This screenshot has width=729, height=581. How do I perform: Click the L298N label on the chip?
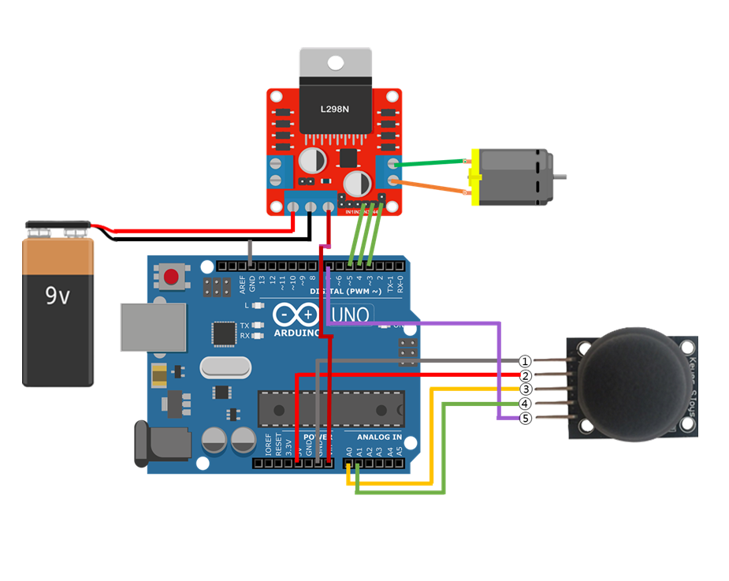pyautogui.click(x=335, y=109)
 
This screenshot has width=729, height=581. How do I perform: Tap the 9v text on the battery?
pyautogui.click(x=58, y=296)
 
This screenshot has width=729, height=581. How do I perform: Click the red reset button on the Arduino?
pyautogui.click(x=172, y=276)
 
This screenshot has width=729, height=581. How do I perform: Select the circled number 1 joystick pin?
pyautogui.click(x=526, y=361)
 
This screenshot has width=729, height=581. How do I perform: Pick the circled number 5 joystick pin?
pyautogui.click(x=526, y=419)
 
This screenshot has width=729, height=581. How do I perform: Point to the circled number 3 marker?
pyautogui.click(x=526, y=389)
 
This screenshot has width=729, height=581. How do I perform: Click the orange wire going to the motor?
pyautogui.click(x=430, y=187)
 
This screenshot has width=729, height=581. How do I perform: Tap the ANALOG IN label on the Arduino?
pyautogui.click(x=379, y=437)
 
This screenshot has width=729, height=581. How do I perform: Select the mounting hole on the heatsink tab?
pyautogui.click(x=335, y=62)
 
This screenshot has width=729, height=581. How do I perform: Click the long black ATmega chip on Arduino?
pyautogui.click(x=331, y=408)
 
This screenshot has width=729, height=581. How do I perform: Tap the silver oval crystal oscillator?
pyautogui.click(x=225, y=367)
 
